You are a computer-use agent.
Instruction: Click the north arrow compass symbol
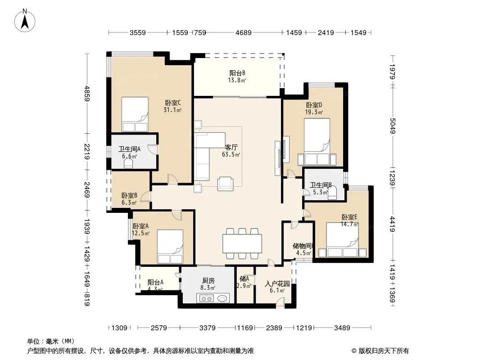pyautogui.click(x=25, y=20)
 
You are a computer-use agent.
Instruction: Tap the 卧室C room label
pyautogui.click(x=173, y=103)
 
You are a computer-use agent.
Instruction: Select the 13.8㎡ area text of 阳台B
pyautogui.click(x=237, y=80)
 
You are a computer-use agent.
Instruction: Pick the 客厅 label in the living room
pyautogui.click(x=231, y=148)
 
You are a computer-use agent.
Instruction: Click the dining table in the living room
pyautogui.click(x=242, y=243)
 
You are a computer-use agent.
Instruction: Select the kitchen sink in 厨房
pyautogui.click(x=222, y=297)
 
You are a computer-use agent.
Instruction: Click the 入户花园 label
pyautogui.click(x=277, y=283)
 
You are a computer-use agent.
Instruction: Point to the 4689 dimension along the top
pyautogui.click(x=243, y=32)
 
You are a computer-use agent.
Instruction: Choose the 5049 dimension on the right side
pyautogui.click(x=393, y=126)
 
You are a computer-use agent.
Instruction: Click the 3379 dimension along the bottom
pyautogui.click(x=207, y=328)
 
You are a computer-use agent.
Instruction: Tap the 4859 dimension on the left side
pyautogui.click(x=87, y=94)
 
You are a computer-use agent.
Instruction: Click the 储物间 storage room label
pyautogui.click(x=302, y=246)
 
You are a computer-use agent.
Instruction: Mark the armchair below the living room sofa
pyautogui.click(x=225, y=184)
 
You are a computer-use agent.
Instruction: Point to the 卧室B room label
pyautogui.click(x=129, y=195)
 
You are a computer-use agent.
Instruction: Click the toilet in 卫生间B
pyautogui.click(x=332, y=193)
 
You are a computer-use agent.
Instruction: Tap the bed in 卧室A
pyautogui.click(x=170, y=247)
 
